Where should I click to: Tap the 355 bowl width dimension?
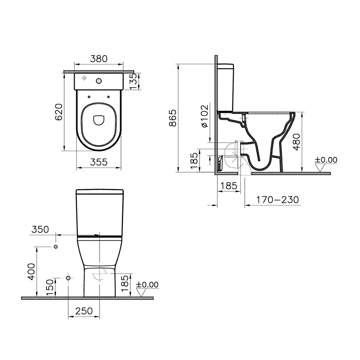(99, 162)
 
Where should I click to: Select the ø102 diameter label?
(204, 116)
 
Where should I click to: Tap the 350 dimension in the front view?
(40, 230)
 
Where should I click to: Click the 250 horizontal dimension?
(84, 311)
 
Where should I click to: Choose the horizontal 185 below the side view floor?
(228, 186)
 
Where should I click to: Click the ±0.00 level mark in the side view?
(326, 160)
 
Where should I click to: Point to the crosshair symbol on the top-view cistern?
(84, 78)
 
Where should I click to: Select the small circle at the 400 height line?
(56, 247)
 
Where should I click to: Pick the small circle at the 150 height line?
(68, 278)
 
